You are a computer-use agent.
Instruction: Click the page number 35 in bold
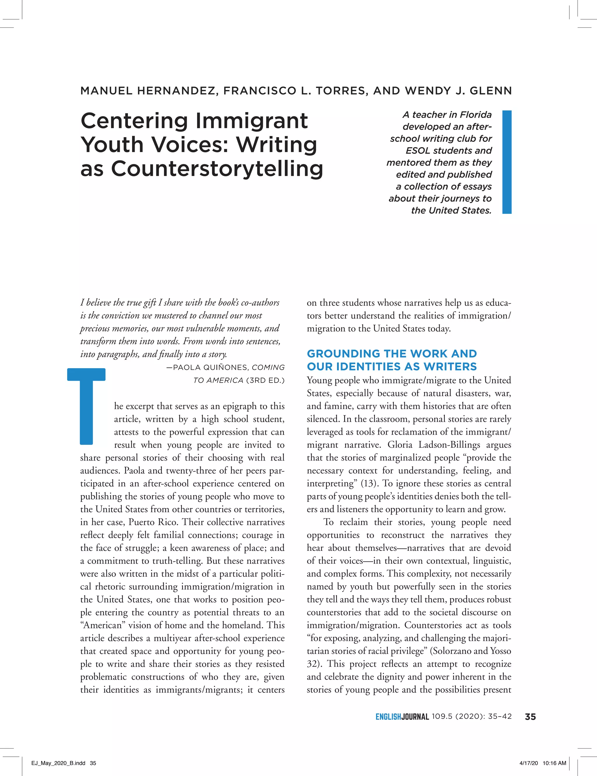click(530, 717)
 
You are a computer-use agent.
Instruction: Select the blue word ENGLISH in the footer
click(388, 717)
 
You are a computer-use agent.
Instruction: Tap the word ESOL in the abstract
click(417, 151)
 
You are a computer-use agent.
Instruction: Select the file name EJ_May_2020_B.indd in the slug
click(58, 763)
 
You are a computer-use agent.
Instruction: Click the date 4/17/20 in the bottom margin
click(529, 763)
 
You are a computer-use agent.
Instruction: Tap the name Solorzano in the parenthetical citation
click(451, 651)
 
